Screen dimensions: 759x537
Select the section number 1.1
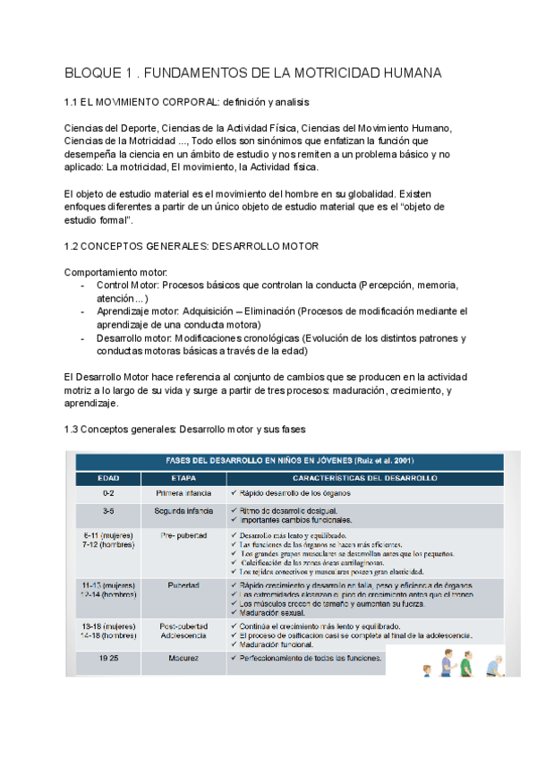(73, 103)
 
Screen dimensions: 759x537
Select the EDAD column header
(108, 479)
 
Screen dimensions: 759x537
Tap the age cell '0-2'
(108, 493)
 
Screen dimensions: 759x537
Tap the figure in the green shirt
(466, 661)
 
